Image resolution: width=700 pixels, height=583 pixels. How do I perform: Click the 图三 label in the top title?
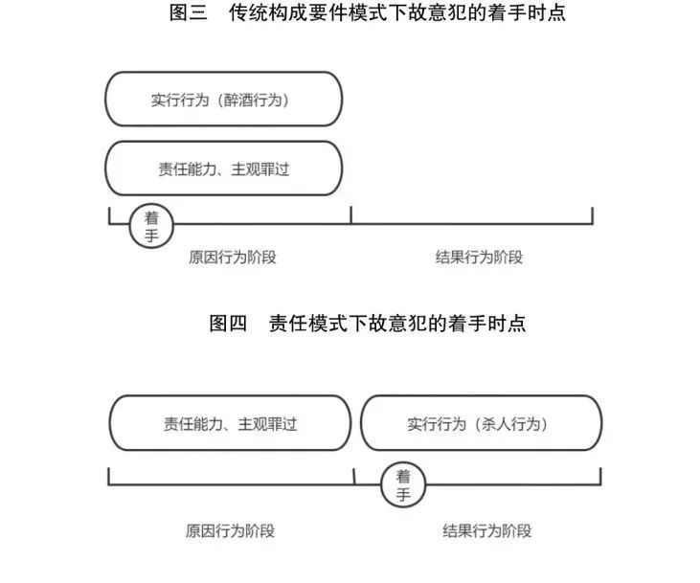pyautogui.click(x=189, y=12)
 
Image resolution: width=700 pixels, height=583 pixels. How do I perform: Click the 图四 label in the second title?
pyautogui.click(x=228, y=323)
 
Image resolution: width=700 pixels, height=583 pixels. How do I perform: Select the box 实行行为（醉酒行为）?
pyautogui.click(x=224, y=99)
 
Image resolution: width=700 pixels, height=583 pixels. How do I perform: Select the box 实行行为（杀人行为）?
pyautogui.click(x=482, y=423)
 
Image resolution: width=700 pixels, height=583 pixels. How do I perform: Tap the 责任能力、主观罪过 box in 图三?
pyautogui.click(x=224, y=168)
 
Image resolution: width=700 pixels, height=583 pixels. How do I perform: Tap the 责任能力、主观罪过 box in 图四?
pyautogui.click(x=231, y=423)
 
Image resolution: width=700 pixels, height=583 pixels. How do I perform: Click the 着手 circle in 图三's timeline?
pyautogui.click(x=151, y=226)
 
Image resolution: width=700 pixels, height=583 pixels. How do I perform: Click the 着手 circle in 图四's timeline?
pyautogui.click(x=403, y=484)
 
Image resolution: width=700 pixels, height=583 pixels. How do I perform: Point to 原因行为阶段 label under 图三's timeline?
pyautogui.click(x=233, y=258)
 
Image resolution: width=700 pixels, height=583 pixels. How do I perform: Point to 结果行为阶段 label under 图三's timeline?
pyautogui.click(x=479, y=258)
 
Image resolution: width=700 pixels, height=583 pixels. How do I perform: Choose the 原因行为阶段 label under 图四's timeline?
pyautogui.click(x=231, y=530)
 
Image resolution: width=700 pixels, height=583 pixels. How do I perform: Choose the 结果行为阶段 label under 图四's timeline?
pyautogui.click(x=487, y=530)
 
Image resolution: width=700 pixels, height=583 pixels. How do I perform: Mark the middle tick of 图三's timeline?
pyautogui.click(x=351, y=214)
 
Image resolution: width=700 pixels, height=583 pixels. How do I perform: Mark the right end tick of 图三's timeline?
pyautogui.click(x=593, y=215)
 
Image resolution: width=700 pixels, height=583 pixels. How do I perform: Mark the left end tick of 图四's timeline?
pyautogui.click(x=109, y=477)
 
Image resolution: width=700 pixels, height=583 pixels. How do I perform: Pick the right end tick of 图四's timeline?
pyautogui.click(x=600, y=477)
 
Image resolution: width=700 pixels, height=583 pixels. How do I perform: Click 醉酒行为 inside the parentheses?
pyautogui.click(x=253, y=100)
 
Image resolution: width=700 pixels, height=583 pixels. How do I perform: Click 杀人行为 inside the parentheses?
pyautogui.click(x=510, y=424)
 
